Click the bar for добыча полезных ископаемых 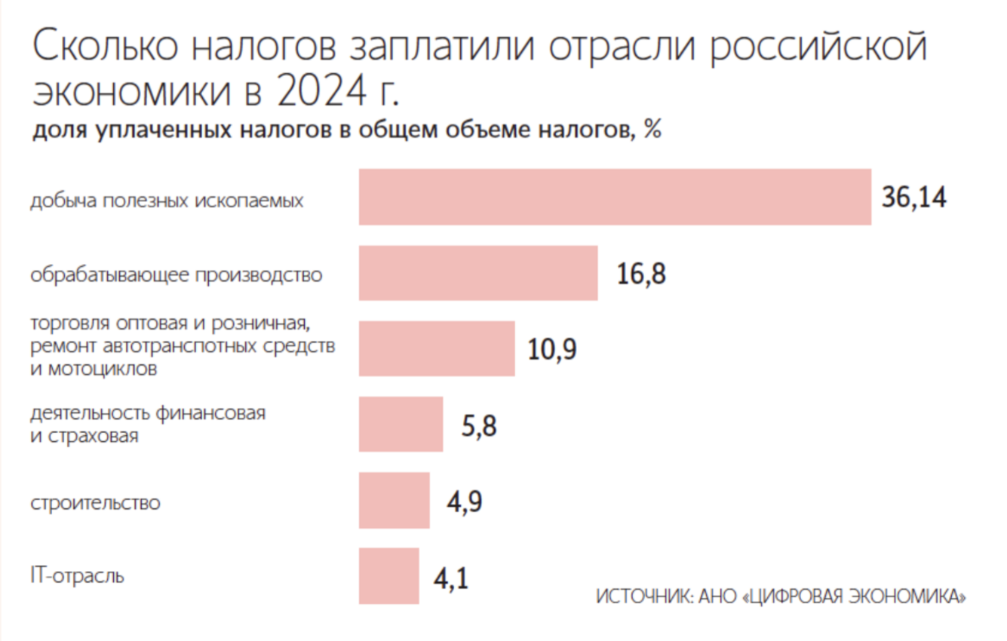point(615,198)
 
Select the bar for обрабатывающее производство point(478,273)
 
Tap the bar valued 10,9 point(437,348)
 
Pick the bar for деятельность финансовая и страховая point(401,424)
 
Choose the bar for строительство point(394,501)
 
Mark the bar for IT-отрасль point(388,576)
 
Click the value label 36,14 point(913,198)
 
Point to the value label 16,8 point(641,274)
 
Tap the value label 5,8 point(479,426)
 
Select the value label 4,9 point(464,501)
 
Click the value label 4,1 point(450,578)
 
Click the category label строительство point(95,502)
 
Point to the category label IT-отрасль point(78,577)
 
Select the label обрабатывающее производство point(176,275)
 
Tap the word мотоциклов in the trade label point(104,370)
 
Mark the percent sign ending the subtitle point(652,130)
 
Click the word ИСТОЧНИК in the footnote point(642,596)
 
